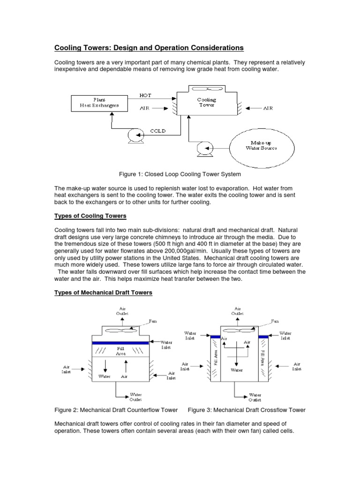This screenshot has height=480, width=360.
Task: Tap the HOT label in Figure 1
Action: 146,95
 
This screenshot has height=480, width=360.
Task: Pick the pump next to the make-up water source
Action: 204,148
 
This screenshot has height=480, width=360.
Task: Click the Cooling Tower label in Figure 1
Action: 206,103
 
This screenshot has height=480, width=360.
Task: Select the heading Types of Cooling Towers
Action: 90,216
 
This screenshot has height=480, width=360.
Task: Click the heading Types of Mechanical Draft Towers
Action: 103,292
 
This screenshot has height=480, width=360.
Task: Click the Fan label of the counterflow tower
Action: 153,322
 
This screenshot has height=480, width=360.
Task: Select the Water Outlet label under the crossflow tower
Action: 255,397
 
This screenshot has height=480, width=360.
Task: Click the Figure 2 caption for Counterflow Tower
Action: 116,410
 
